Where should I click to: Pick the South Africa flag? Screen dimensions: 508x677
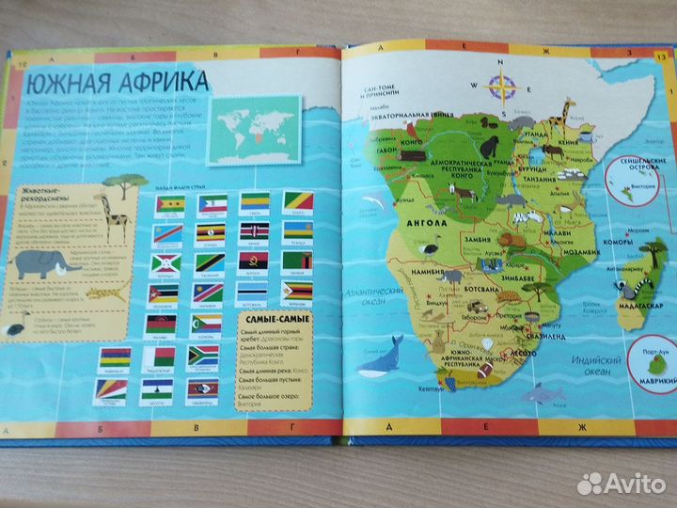[203, 356]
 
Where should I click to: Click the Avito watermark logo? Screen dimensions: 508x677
[620, 482]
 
